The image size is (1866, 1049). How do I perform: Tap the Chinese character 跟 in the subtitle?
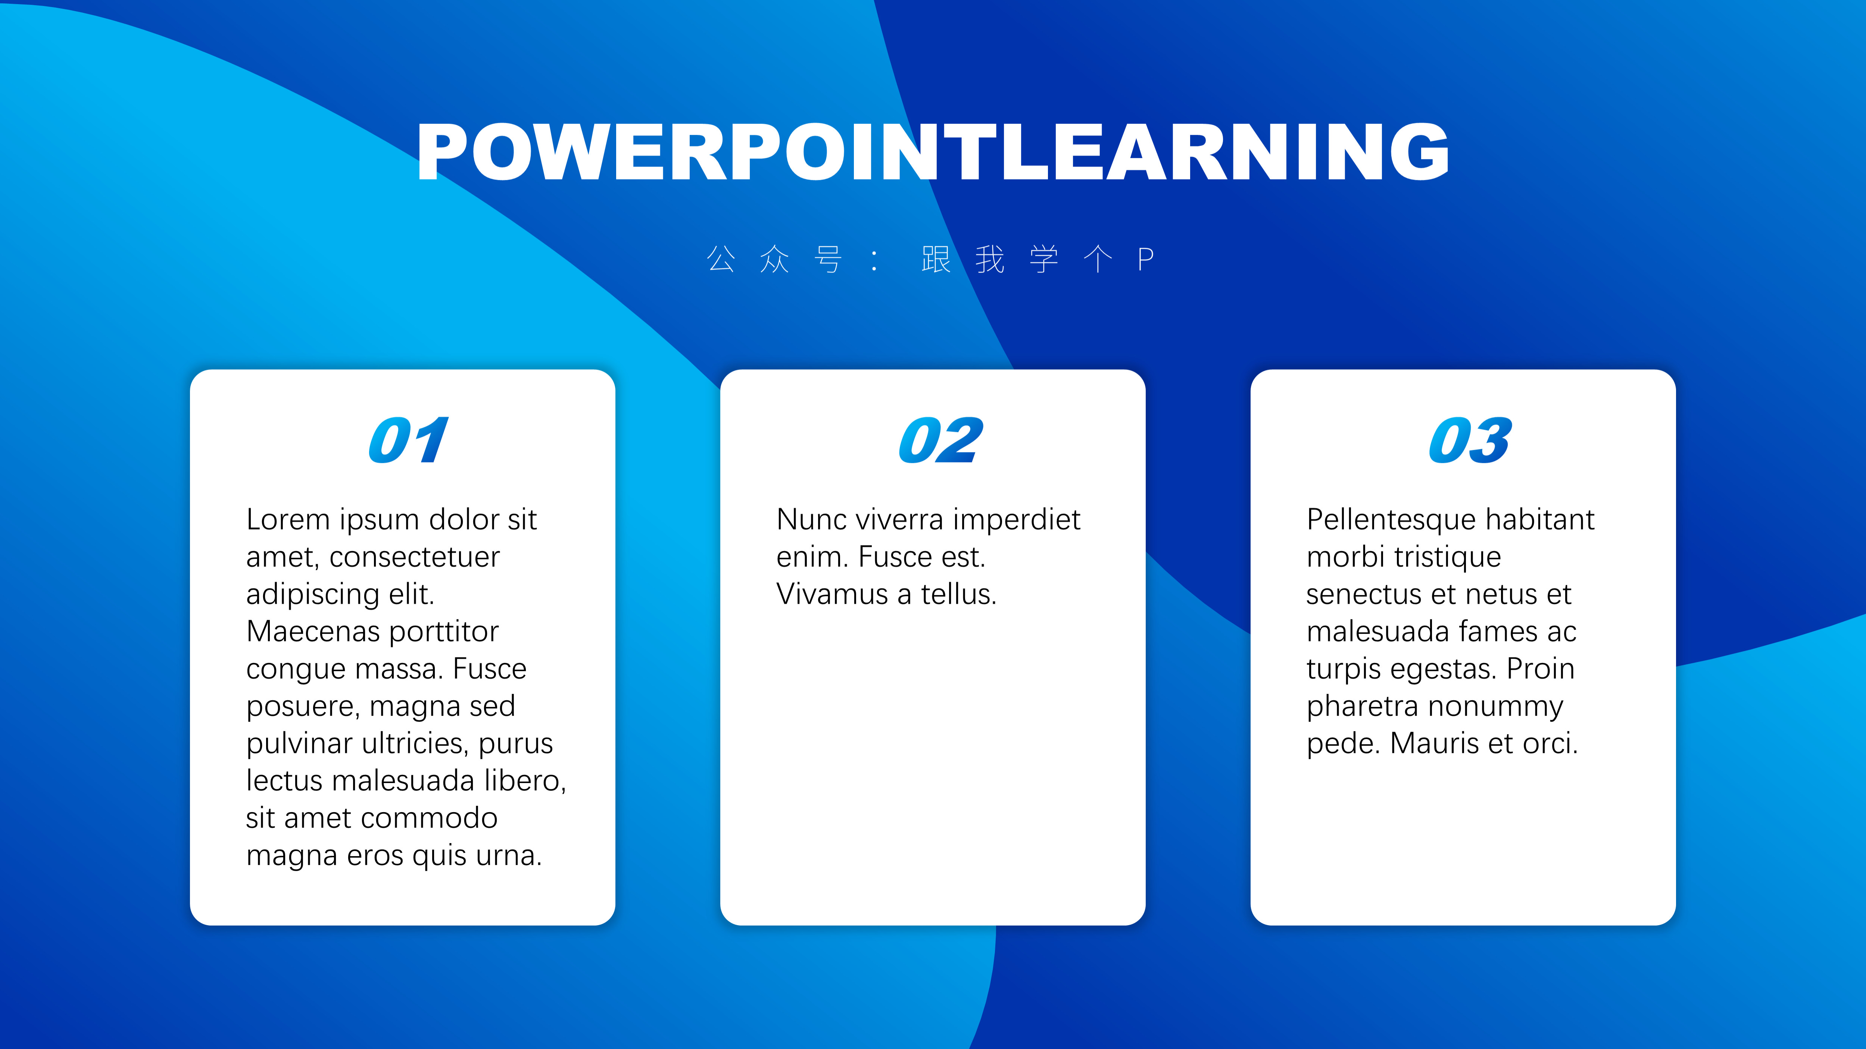[936, 259]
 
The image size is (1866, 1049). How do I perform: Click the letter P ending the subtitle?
[1145, 259]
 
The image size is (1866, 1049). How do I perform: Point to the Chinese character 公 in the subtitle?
[721, 259]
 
